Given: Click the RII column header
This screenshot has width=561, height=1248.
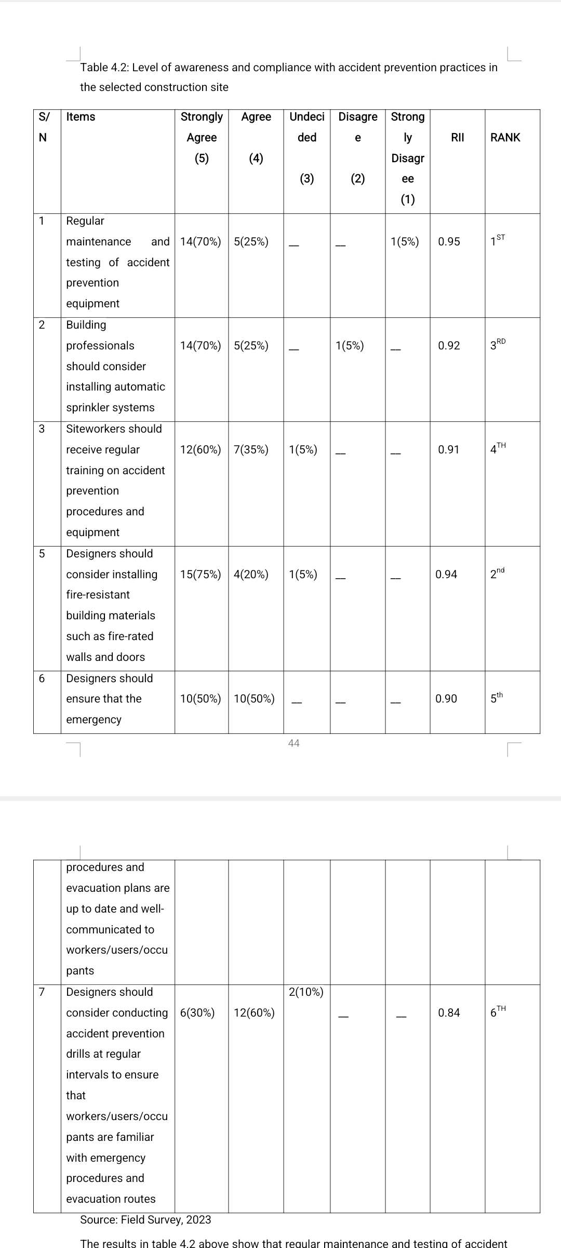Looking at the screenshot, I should pos(457,137).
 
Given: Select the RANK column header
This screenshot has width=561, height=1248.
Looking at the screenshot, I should pos(505,137).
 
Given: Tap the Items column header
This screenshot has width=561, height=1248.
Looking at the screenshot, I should pos(81,116).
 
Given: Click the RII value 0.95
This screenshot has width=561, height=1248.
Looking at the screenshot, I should pos(449,242).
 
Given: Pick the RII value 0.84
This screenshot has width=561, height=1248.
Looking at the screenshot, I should pos(449,1012).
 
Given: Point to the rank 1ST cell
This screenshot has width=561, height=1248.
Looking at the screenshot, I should pos(497,241).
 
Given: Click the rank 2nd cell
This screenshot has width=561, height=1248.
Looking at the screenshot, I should pos(497,574).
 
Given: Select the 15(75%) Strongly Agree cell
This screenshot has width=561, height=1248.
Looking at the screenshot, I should pos(201,574).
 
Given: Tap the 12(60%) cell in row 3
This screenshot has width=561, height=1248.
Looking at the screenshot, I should pos(201,450).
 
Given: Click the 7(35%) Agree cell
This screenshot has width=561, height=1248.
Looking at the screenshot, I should pos(251,450).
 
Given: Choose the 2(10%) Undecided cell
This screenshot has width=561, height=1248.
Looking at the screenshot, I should pos(306,992).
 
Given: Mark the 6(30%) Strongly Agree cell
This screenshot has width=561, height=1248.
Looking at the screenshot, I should pos(197,1012).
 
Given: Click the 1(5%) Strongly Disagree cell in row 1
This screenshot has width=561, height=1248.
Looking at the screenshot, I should pos(405,242).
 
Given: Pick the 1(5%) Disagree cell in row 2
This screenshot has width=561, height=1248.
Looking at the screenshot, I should pos(350,346).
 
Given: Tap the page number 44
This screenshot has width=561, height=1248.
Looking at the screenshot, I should pos(293,743).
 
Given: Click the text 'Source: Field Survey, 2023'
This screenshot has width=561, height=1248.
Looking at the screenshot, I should pos(145,1219).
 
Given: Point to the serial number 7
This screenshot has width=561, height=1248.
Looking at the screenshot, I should pos(42,992).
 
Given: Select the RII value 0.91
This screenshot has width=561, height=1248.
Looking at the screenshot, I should pos(449,450).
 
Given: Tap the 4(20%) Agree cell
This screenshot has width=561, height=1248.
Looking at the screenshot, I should pos(251,574).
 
